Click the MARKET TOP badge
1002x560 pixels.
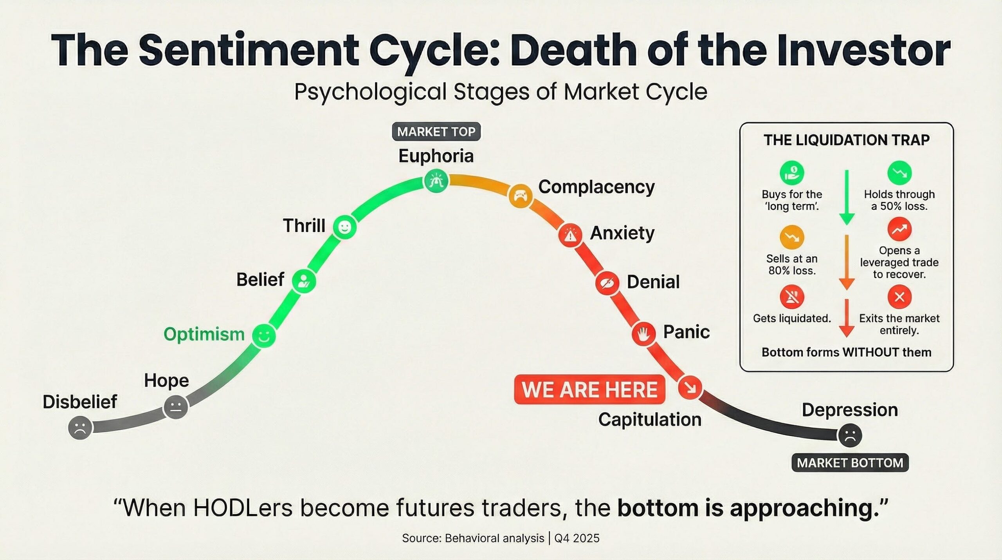coord(436,132)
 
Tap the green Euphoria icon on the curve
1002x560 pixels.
coord(436,181)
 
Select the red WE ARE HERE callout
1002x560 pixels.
coord(589,389)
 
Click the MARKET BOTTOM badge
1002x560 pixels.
coord(850,463)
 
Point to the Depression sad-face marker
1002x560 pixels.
coord(850,435)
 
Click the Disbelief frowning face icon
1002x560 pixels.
coord(80,428)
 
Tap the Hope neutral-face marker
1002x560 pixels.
coord(176,407)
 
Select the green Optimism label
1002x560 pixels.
coord(204,334)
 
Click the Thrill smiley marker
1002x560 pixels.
coord(345,227)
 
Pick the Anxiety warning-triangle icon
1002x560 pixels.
coord(570,235)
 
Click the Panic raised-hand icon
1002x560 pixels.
coord(643,334)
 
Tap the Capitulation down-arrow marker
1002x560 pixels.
coord(690,388)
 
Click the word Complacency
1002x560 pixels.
coord(596,187)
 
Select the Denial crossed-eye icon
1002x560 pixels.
coord(607,283)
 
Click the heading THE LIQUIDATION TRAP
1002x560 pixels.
coord(847,140)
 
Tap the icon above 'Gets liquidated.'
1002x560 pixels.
coord(792,297)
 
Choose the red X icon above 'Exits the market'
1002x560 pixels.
coord(899,297)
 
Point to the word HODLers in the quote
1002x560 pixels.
coord(243,508)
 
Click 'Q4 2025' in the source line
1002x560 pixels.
coord(577,538)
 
